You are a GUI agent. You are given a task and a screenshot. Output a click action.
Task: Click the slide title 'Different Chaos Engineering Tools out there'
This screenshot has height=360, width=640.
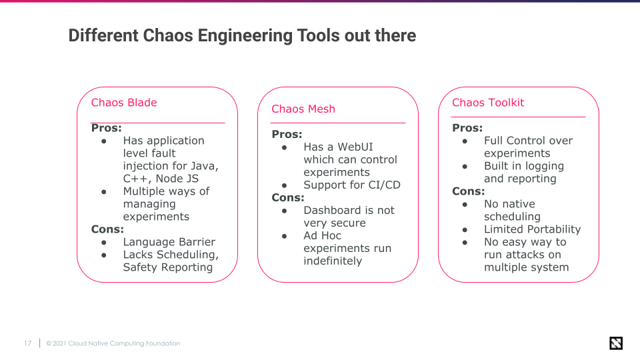coord(242,35)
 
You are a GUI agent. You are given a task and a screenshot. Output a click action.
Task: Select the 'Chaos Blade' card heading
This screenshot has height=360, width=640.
coord(124,103)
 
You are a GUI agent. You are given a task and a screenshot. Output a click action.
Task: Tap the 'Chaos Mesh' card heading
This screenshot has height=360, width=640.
coord(303,109)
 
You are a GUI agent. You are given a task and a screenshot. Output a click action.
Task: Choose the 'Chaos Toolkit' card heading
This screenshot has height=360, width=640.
coord(488,103)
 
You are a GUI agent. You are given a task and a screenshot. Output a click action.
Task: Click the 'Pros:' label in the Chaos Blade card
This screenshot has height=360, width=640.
coord(106,128)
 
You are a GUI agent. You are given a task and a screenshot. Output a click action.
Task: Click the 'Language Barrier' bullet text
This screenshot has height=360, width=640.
coord(169,242)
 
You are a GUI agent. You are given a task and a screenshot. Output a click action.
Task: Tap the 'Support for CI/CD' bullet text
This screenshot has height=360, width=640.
coord(352,185)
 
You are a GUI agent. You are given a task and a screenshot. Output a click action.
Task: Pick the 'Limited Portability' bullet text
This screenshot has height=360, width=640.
coord(532,229)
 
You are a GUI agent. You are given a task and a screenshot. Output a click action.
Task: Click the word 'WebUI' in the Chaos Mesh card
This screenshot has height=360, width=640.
coord(355,147)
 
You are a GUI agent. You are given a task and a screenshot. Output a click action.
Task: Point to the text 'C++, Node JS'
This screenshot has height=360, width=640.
coord(161,179)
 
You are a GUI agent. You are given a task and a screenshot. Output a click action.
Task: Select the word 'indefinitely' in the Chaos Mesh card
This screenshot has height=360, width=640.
coord(333,261)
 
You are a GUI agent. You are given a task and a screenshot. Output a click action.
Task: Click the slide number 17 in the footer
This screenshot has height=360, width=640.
coord(27,343)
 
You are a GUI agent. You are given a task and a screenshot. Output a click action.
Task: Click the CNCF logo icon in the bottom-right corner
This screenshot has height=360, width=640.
coord(616,343)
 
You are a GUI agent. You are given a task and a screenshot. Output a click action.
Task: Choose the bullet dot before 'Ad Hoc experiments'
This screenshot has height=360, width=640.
coord(285,236)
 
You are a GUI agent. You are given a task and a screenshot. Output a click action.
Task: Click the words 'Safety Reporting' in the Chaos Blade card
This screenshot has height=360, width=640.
coord(168,267)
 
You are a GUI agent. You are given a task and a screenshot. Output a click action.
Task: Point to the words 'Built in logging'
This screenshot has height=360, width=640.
coord(524,166)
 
